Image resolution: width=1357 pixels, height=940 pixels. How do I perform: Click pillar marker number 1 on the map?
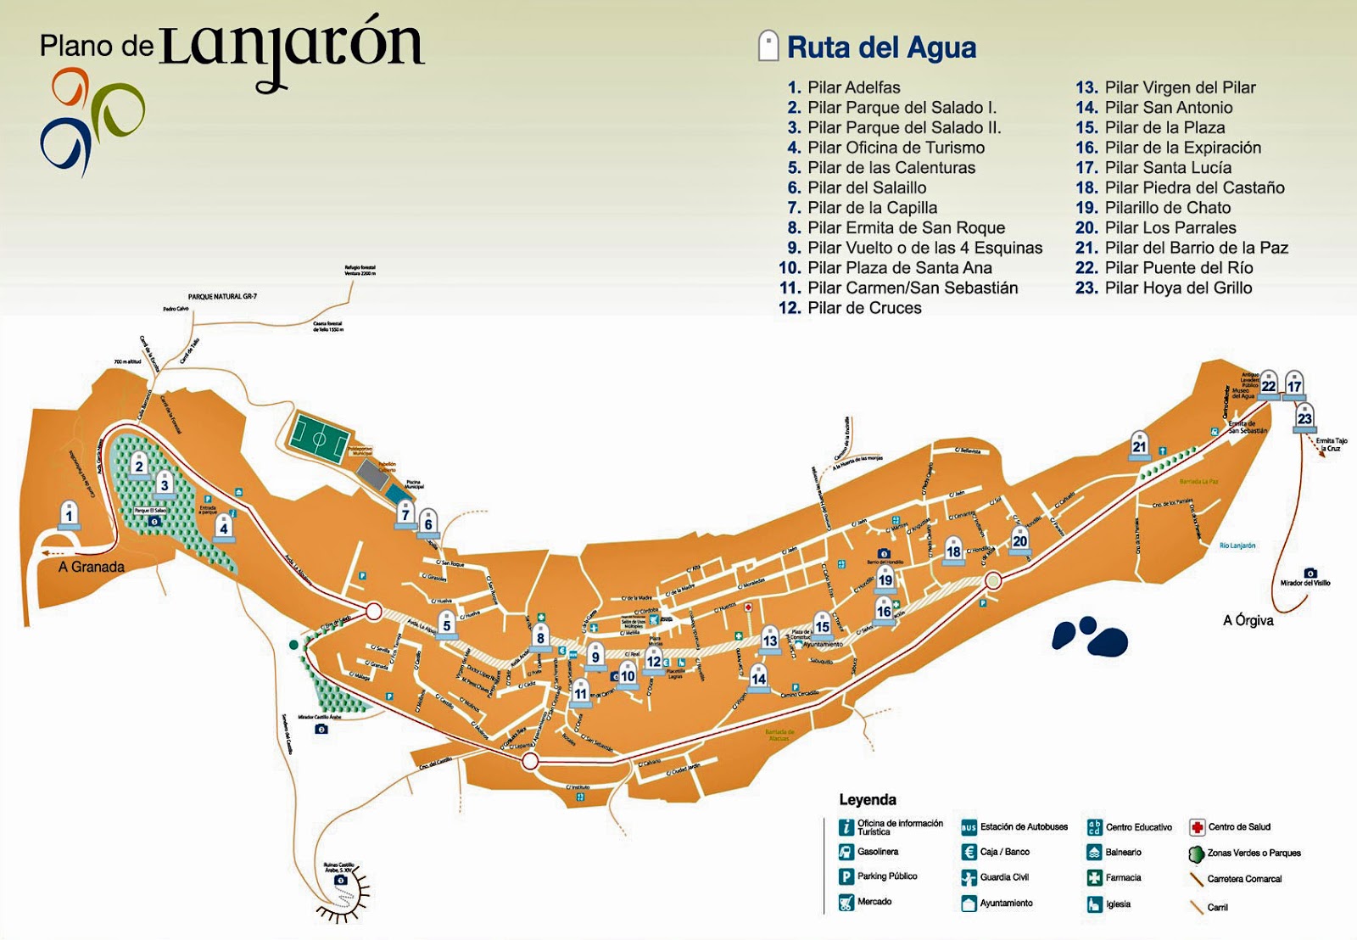click(x=70, y=514)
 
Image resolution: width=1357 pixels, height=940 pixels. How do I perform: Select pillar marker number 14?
click(x=758, y=677)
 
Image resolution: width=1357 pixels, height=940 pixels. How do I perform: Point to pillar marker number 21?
click(x=1139, y=445)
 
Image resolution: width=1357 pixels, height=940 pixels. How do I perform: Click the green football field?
click(x=319, y=439)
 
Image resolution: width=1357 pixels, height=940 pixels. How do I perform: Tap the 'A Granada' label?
click(x=92, y=567)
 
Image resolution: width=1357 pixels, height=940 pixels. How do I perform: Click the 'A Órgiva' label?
click(x=1248, y=620)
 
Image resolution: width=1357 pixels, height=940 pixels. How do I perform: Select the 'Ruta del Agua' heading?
click(x=881, y=48)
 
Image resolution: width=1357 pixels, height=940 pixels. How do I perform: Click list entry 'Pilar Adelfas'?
click(x=853, y=87)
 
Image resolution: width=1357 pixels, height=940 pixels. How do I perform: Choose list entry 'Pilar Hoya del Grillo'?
click(x=1178, y=288)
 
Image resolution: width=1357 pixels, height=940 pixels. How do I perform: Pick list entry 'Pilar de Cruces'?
click(x=863, y=308)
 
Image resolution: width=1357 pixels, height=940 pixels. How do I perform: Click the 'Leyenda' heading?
click(x=867, y=799)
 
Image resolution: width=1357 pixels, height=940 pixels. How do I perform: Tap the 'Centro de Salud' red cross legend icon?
click(x=1197, y=827)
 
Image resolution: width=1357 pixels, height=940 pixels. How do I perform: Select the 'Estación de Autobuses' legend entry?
click(x=1023, y=827)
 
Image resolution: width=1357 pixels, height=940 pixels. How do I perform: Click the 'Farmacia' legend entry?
click(x=1123, y=878)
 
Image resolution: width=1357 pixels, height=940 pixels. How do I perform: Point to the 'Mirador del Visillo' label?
click(x=1305, y=583)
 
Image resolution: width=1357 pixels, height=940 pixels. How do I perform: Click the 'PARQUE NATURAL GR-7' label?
click(x=222, y=297)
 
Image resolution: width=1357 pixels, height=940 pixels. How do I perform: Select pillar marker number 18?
click(x=953, y=550)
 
